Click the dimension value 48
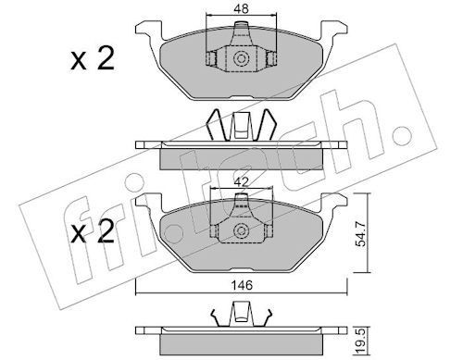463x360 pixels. click(x=241, y=8)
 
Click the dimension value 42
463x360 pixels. click(x=241, y=182)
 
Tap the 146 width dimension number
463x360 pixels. click(x=243, y=285)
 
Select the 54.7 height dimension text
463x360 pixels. click(x=360, y=234)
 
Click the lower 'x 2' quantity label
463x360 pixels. click(x=93, y=232)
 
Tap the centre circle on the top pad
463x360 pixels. click(x=241, y=58)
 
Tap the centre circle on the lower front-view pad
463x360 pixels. click(x=241, y=230)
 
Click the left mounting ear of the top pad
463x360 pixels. click(x=149, y=30)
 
